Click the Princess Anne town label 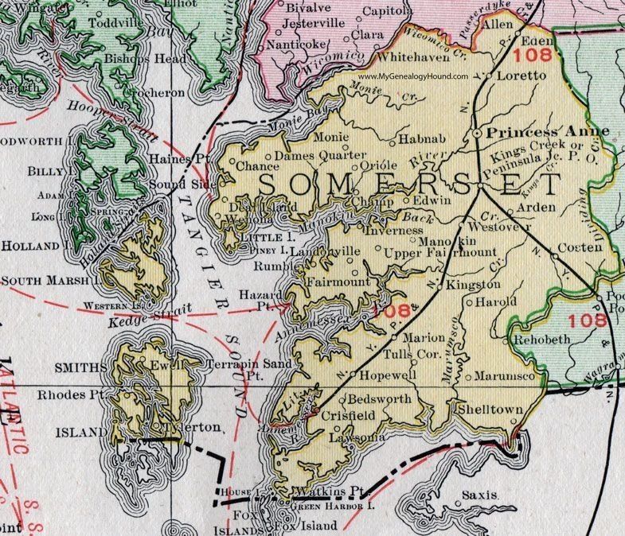click(548, 131)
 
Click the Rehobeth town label click(545, 339)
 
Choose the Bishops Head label click(146, 59)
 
